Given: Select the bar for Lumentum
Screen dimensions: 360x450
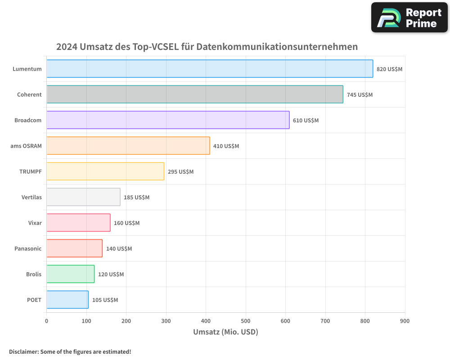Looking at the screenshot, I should pyautogui.click(x=210, y=69).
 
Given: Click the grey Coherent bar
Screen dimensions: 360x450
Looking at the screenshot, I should pyautogui.click(x=195, y=94).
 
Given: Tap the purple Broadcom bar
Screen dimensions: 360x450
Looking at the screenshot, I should pyautogui.click(x=168, y=120).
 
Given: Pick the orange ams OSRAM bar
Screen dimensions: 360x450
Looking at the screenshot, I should pyautogui.click(x=128, y=146).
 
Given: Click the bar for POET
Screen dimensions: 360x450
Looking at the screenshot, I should pyautogui.click(x=67, y=300).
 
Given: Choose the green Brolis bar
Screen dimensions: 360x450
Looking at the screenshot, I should pyautogui.click(x=71, y=274).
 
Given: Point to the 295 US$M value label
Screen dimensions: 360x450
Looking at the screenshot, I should pyautogui.click(x=180, y=172).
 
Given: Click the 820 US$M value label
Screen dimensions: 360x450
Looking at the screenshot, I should pyautogui.click(x=389, y=69).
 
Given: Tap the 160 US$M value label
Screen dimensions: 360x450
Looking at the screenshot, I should pyautogui.click(x=126, y=223).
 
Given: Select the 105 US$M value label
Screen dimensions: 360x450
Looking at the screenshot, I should pyautogui.click(x=105, y=300).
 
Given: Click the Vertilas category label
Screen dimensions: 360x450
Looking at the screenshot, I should pyautogui.click(x=31, y=197).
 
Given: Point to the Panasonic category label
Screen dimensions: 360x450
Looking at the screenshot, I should pyautogui.click(x=28, y=248).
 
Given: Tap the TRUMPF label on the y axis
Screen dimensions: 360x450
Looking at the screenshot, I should pyautogui.click(x=31, y=171).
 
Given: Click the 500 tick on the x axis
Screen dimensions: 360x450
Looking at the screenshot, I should pyautogui.click(x=246, y=321).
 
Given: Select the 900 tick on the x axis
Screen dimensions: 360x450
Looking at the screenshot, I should pyautogui.click(x=405, y=321).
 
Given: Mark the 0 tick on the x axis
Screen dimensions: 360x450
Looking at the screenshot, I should pyautogui.click(x=47, y=321).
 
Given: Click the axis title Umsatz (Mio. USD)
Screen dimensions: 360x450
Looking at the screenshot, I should pyautogui.click(x=225, y=332).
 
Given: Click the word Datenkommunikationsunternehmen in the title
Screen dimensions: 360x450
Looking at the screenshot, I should pyautogui.click(x=277, y=47).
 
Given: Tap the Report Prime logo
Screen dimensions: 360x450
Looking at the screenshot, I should pyautogui.click(x=409, y=18).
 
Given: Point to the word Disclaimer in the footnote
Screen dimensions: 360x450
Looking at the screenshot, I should pyautogui.click(x=23, y=351).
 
